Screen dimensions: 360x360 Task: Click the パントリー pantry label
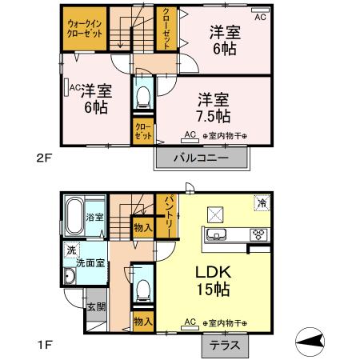click(x=167, y=215)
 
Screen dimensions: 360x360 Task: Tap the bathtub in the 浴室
click(x=74, y=216)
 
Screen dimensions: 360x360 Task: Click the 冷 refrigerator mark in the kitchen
click(x=262, y=203)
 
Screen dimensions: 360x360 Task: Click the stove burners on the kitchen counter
click(x=258, y=235)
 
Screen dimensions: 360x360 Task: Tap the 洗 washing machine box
click(x=71, y=249)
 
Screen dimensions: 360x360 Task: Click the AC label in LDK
click(x=190, y=322)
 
